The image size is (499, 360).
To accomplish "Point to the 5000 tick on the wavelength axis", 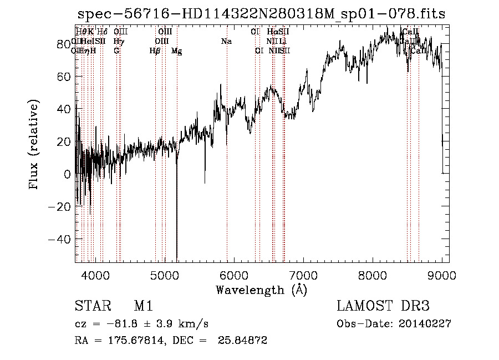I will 164,274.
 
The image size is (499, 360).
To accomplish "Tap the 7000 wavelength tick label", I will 303,274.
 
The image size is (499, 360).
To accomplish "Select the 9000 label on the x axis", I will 442,274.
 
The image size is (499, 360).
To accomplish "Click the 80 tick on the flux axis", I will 63,44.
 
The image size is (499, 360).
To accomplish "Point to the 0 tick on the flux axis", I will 67,174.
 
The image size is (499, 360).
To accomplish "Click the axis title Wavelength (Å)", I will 261,290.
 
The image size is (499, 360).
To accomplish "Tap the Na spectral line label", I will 226,42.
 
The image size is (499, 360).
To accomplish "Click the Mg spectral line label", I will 176,51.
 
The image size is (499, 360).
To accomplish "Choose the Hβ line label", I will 155,51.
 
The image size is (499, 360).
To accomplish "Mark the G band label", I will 116,51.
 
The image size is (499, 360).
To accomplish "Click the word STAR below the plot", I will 90,306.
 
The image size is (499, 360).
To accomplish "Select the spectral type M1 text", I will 143,306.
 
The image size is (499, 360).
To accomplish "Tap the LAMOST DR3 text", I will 384,306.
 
